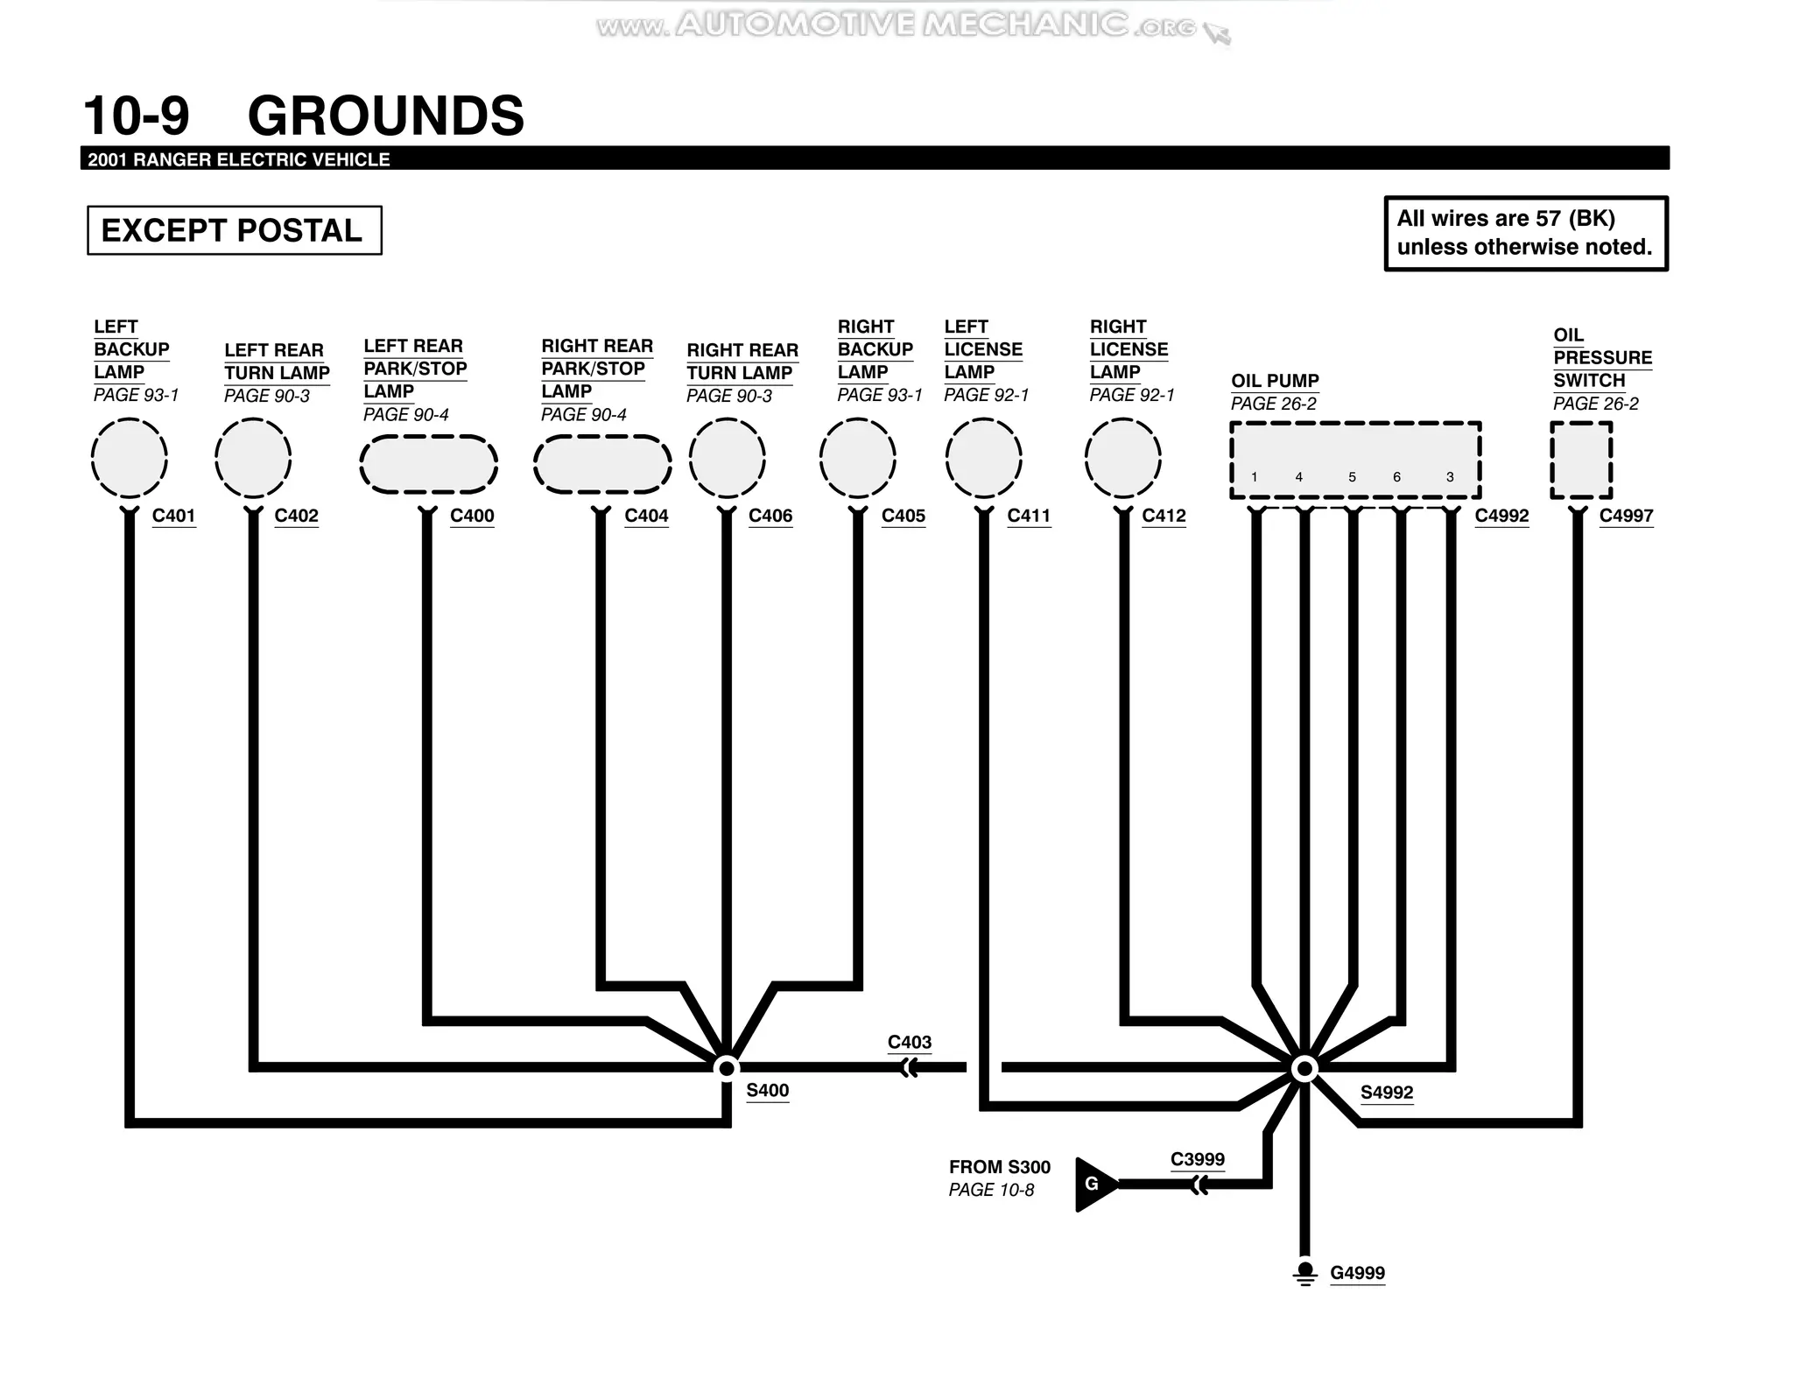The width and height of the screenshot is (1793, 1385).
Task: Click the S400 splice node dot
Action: coord(726,1068)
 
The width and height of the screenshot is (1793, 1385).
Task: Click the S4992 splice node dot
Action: coord(1304,1068)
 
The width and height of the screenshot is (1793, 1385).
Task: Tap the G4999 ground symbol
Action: coord(1304,1272)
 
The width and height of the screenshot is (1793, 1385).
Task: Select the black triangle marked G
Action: coord(1094,1185)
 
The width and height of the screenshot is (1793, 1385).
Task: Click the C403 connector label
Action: coord(909,1042)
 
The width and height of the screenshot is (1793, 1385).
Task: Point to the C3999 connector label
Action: coord(1197,1159)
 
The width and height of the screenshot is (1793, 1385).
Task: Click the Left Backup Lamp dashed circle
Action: coord(130,459)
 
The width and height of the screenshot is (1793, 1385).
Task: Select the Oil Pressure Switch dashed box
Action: coord(1580,460)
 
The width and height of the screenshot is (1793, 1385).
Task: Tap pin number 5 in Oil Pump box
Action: coord(1352,477)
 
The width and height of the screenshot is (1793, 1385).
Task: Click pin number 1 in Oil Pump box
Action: coord(1255,477)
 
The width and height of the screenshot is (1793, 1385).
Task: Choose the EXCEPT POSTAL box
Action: coord(234,230)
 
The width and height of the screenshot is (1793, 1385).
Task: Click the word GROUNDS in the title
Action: coord(385,116)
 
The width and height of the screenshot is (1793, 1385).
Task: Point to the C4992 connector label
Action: coord(1501,516)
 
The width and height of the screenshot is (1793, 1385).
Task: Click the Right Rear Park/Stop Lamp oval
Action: coord(602,464)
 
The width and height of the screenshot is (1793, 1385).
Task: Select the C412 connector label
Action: coord(1164,516)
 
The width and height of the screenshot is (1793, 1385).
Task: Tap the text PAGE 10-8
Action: coord(991,1190)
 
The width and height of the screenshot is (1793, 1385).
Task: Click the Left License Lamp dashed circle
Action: coord(983,459)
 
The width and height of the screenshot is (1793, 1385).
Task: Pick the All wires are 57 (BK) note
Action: coord(1525,233)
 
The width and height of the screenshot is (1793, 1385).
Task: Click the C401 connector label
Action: coord(173,516)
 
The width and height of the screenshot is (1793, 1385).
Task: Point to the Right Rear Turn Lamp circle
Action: coord(727,459)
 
